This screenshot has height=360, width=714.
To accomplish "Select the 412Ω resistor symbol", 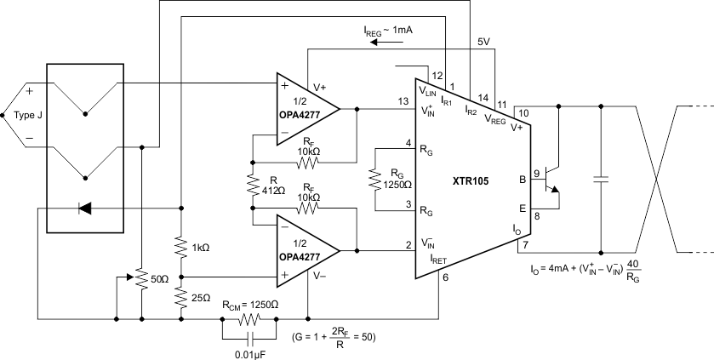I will coord(253,186).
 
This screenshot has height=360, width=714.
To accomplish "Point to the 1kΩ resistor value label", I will coord(201,248).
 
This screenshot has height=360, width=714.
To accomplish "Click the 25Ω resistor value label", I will coord(201,298).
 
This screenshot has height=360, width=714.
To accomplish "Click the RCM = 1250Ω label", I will coord(249,304).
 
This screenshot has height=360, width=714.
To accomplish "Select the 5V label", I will coord(483,42).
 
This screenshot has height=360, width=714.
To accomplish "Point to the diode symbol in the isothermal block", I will coord(83,207).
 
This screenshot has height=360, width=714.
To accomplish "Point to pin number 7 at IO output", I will coord(525,245).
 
